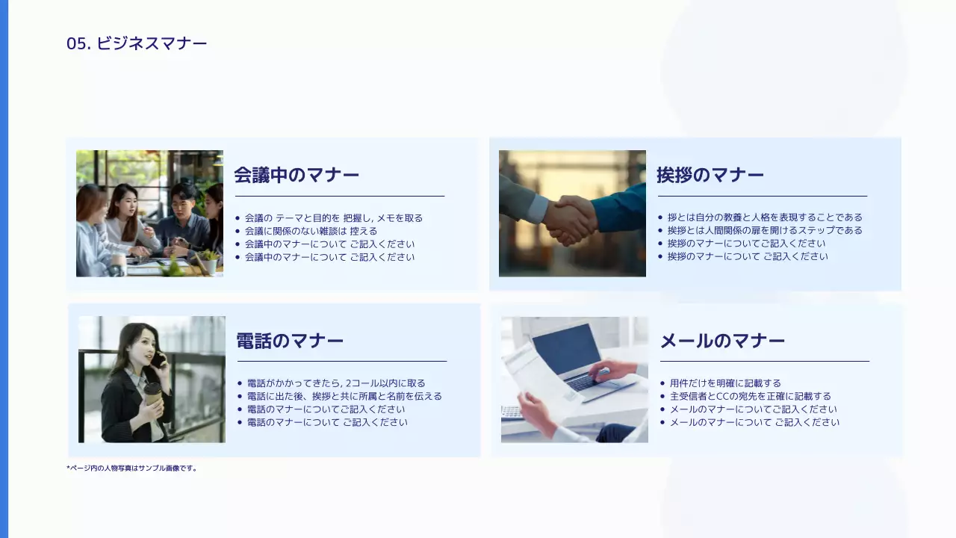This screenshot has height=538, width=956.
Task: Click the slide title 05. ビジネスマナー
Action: click(x=137, y=43)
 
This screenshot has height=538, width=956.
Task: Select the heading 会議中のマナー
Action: click(x=297, y=175)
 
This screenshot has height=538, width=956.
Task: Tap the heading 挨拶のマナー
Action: click(x=710, y=175)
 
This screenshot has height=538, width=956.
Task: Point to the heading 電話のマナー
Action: click(x=290, y=341)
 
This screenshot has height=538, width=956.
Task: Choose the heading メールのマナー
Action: click(x=721, y=341)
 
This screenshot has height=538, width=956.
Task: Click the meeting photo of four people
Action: click(x=149, y=213)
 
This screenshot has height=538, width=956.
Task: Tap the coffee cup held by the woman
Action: click(x=153, y=393)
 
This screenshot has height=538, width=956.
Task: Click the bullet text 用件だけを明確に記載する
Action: click(x=724, y=383)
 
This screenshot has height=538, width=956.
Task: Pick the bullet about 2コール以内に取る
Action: click(x=336, y=383)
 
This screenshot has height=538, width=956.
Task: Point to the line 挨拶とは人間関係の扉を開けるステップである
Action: click(x=764, y=230)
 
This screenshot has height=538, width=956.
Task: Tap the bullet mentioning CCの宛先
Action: click(x=750, y=396)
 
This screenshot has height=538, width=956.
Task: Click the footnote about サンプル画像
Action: click(x=131, y=469)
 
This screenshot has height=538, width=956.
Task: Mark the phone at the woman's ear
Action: click(x=158, y=360)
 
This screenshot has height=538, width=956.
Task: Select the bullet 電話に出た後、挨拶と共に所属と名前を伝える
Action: click(x=344, y=396)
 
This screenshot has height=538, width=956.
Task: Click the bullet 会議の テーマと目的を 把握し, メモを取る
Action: click(x=333, y=218)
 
